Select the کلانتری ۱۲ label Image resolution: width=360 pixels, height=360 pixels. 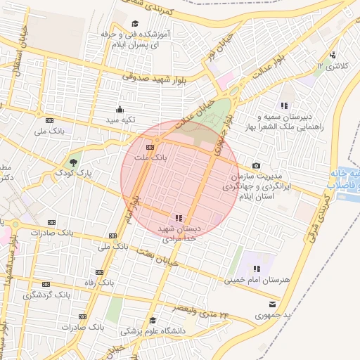329,65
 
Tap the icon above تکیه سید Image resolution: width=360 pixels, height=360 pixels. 119,109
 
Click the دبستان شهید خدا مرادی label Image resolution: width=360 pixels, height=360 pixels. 179,234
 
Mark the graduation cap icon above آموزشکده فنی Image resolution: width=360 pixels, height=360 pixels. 134,24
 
